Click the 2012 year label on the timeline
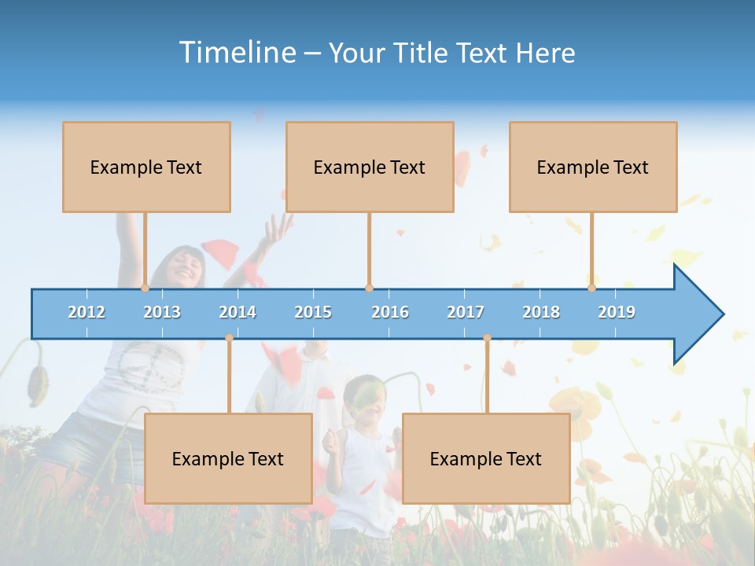tap(87, 312)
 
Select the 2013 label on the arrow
tap(162, 312)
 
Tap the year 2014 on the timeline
tap(238, 312)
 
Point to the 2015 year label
tap(313, 312)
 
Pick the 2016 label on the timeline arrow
tap(390, 312)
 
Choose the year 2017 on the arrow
tap(466, 312)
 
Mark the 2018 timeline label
tap(541, 312)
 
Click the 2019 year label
tap(617, 312)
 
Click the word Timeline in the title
tap(236, 53)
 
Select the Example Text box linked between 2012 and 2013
tap(146, 167)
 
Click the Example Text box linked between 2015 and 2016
tap(370, 167)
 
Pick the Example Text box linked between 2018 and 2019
tap(593, 167)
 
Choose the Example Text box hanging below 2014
tap(228, 458)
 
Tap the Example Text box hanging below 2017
tap(486, 458)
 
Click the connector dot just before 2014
tap(229, 338)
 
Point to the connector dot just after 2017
tap(487, 338)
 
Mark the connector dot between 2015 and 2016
tap(369, 288)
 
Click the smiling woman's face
tap(186, 267)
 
